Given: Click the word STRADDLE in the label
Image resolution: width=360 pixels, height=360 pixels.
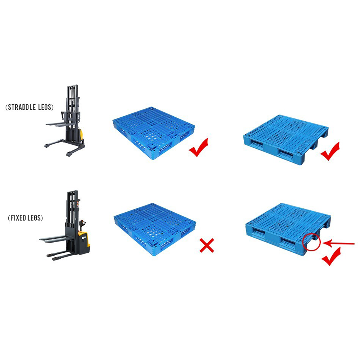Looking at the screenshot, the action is [x=22, y=107].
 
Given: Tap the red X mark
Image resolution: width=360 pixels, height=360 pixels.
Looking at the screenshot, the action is [x=207, y=246].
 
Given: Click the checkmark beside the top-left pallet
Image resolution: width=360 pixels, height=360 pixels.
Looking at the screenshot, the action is [x=198, y=147].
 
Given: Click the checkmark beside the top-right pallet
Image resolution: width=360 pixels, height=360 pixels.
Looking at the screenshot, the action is [x=330, y=151].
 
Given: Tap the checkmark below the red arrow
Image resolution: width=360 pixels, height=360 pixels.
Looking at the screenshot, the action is [x=331, y=256].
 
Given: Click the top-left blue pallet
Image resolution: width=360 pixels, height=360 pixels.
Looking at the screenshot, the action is [x=154, y=133].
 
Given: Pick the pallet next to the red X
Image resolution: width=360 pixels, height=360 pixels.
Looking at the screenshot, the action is [x=155, y=229].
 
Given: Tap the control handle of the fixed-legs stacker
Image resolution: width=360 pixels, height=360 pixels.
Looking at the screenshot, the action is [x=82, y=224].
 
